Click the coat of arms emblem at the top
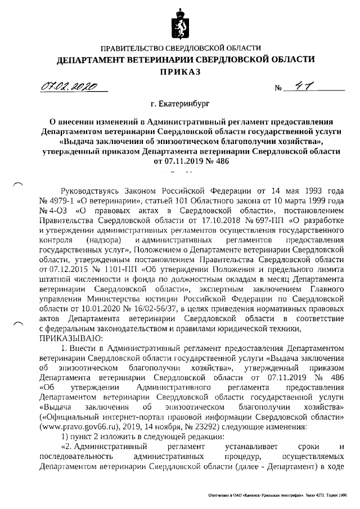pos(181,22)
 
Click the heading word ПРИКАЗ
pos(180,72)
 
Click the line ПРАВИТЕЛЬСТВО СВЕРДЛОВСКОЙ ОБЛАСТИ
pos(180,48)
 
